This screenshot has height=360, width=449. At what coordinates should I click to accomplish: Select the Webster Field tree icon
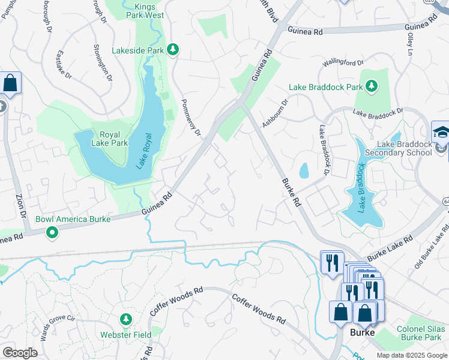(125, 318)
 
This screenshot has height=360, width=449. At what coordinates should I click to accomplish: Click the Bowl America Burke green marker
(52, 232)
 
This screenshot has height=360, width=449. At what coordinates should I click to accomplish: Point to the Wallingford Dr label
(343, 62)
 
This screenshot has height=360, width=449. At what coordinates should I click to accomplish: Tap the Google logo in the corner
(19, 353)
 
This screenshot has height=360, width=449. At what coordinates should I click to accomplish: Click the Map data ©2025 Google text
(412, 355)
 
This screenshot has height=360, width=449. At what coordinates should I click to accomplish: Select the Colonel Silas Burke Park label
(421, 333)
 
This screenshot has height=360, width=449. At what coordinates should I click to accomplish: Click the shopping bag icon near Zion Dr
(10, 83)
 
